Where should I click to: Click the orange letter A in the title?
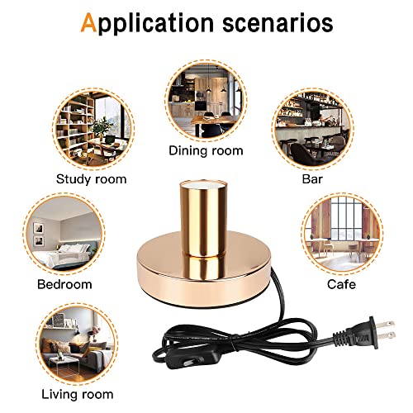[88, 23]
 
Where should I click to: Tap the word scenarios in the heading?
[278, 23]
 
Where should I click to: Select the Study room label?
[92, 179]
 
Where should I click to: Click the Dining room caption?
[206, 151]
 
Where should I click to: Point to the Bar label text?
[312, 179]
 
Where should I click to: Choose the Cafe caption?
[341, 284]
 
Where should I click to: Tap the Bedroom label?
[64, 284]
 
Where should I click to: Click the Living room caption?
[78, 394]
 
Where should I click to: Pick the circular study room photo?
[93, 129]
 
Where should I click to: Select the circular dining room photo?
[206, 101]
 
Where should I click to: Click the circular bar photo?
[312, 129]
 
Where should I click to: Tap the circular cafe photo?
[342, 234]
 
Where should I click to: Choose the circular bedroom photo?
[64, 234]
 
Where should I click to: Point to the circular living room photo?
[78, 344]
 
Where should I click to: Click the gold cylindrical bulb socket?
[203, 218]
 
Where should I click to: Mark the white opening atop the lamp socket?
[203, 183]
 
